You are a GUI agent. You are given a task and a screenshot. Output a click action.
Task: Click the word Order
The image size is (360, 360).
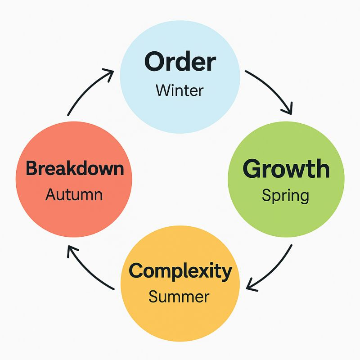point(180,63)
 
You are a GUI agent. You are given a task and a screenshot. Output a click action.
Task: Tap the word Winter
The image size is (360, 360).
point(180,90)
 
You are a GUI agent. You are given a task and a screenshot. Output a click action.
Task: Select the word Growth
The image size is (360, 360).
point(286,169)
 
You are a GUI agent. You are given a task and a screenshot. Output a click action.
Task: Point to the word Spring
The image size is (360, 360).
point(285,195)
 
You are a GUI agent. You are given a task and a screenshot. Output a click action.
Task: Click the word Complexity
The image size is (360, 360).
point(180,271)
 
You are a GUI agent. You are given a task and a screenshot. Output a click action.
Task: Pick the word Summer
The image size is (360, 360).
point(179,297)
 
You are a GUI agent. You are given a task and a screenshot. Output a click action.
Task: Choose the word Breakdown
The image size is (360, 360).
point(75,168)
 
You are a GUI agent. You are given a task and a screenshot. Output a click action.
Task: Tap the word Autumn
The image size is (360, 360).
point(74,195)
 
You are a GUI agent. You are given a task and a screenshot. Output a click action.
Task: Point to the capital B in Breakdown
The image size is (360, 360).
point(31,168)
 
